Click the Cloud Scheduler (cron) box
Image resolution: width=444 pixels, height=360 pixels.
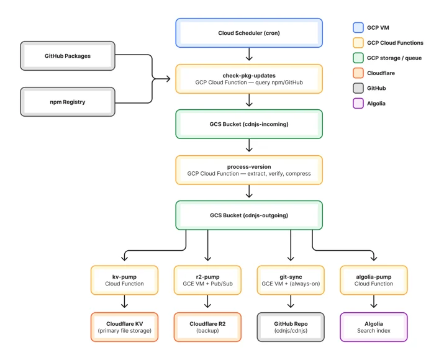(x=249, y=33)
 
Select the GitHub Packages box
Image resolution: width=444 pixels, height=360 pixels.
(x=68, y=56)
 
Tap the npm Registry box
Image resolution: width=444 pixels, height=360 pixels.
(x=68, y=102)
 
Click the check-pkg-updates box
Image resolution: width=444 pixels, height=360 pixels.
(x=249, y=79)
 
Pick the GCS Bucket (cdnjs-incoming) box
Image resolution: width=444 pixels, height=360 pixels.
(x=249, y=124)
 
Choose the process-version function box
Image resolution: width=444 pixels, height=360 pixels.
(x=249, y=170)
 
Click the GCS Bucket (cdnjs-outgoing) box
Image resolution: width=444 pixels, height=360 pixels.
(x=249, y=215)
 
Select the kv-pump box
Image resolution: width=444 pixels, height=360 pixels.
(x=124, y=280)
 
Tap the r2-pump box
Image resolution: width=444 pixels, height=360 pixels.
(x=207, y=280)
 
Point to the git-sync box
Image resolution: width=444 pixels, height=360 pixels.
(x=291, y=280)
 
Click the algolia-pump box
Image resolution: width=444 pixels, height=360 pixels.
(x=373, y=280)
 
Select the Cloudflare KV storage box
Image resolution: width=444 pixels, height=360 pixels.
(x=124, y=327)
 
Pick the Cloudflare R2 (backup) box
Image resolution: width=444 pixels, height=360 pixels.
(x=207, y=327)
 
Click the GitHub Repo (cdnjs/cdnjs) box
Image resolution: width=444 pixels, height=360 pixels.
(x=291, y=327)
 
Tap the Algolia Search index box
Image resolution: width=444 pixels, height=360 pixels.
(x=373, y=327)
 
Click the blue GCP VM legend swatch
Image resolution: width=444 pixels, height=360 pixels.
(x=358, y=27)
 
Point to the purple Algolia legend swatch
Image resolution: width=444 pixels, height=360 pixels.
(x=358, y=103)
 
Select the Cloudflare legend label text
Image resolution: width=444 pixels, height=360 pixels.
(x=381, y=73)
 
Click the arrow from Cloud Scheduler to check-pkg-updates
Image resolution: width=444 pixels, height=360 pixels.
(x=249, y=54)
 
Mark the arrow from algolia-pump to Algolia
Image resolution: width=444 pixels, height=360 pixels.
(x=373, y=301)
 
